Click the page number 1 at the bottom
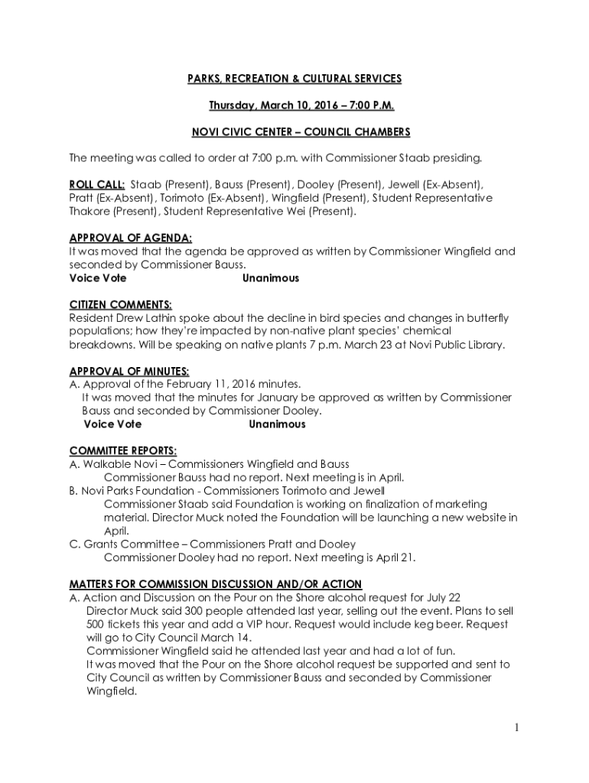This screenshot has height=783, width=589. coord(517,727)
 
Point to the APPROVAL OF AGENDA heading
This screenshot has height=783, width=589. coord(131,238)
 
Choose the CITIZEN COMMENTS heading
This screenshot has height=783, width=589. coord(120,304)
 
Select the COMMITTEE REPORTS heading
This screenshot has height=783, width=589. coord(123,450)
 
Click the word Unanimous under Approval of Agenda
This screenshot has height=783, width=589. coord(271,278)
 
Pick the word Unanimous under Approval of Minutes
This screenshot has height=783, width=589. coord(277,424)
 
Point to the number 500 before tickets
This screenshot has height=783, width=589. coord(95,625)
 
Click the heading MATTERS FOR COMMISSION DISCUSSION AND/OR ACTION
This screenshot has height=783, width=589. coord(216,584)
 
